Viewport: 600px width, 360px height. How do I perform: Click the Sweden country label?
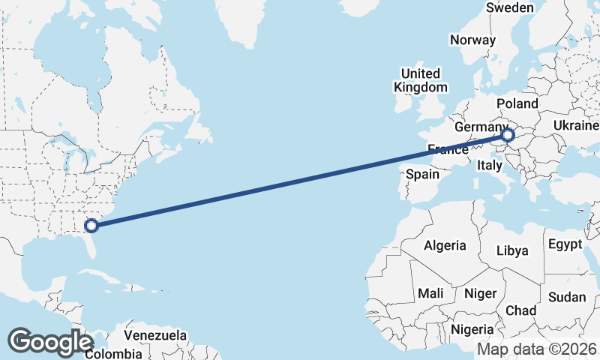pyautogui.click(x=510, y=7)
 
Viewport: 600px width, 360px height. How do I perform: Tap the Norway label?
pyautogui.click(x=472, y=40)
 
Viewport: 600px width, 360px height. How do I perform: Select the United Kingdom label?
pyautogui.click(x=420, y=80)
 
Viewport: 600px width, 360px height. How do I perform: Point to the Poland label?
pyautogui.click(x=517, y=103)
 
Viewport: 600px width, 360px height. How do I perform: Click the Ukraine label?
pyautogui.click(x=576, y=125)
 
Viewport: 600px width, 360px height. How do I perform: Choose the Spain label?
pyautogui.click(x=422, y=175)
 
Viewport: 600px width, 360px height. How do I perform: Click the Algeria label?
pyautogui.click(x=445, y=245)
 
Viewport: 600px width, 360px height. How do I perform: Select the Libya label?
pyautogui.click(x=514, y=250)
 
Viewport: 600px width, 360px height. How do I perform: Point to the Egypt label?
pyautogui.click(x=565, y=244)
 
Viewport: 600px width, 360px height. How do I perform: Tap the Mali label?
pyautogui.click(x=430, y=292)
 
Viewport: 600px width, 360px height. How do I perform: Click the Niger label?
pyautogui.click(x=480, y=293)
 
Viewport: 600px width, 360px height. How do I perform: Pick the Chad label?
pyautogui.click(x=521, y=310)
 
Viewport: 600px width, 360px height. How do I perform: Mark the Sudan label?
pyautogui.click(x=567, y=297)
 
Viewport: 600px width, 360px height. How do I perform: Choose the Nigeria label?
pyautogui.click(x=472, y=328)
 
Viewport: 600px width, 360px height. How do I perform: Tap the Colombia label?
pyautogui.click(x=113, y=353)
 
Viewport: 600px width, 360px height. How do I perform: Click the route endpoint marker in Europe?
pyautogui.click(x=508, y=135)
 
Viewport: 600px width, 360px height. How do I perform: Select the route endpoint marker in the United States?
pyautogui.click(x=91, y=224)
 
